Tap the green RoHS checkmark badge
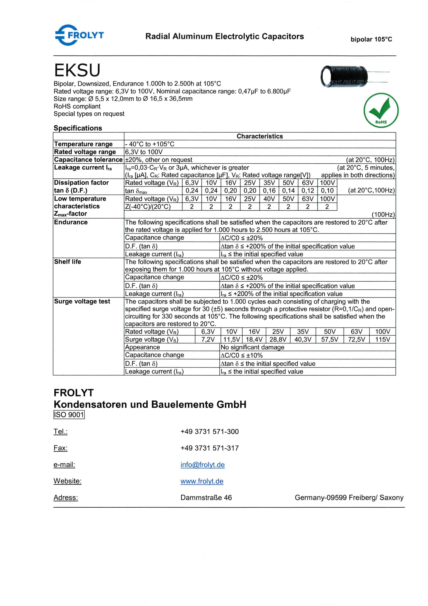coord(381,110)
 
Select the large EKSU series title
coord(77,70)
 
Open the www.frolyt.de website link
coord(202,481)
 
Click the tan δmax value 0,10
coord(327,191)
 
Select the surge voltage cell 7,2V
coord(208,339)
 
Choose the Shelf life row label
coord(68,261)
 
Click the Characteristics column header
coord(260,136)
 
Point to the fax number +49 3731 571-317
coord(210,448)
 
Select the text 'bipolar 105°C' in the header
coord(371,39)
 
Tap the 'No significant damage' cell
coord(252,347)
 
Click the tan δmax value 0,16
coord(269,191)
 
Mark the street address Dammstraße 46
coord(206,498)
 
